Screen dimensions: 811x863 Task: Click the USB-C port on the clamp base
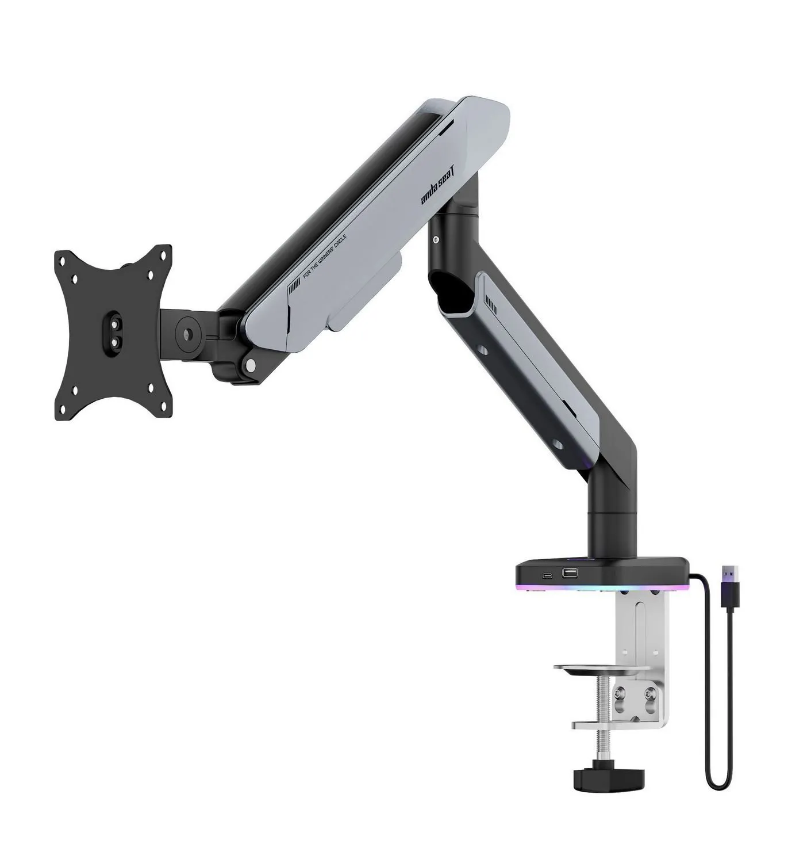(547, 576)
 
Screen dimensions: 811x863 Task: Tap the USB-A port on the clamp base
(569, 573)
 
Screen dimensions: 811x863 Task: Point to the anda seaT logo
(437, 187)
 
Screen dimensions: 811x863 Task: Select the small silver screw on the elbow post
(436, 239)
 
